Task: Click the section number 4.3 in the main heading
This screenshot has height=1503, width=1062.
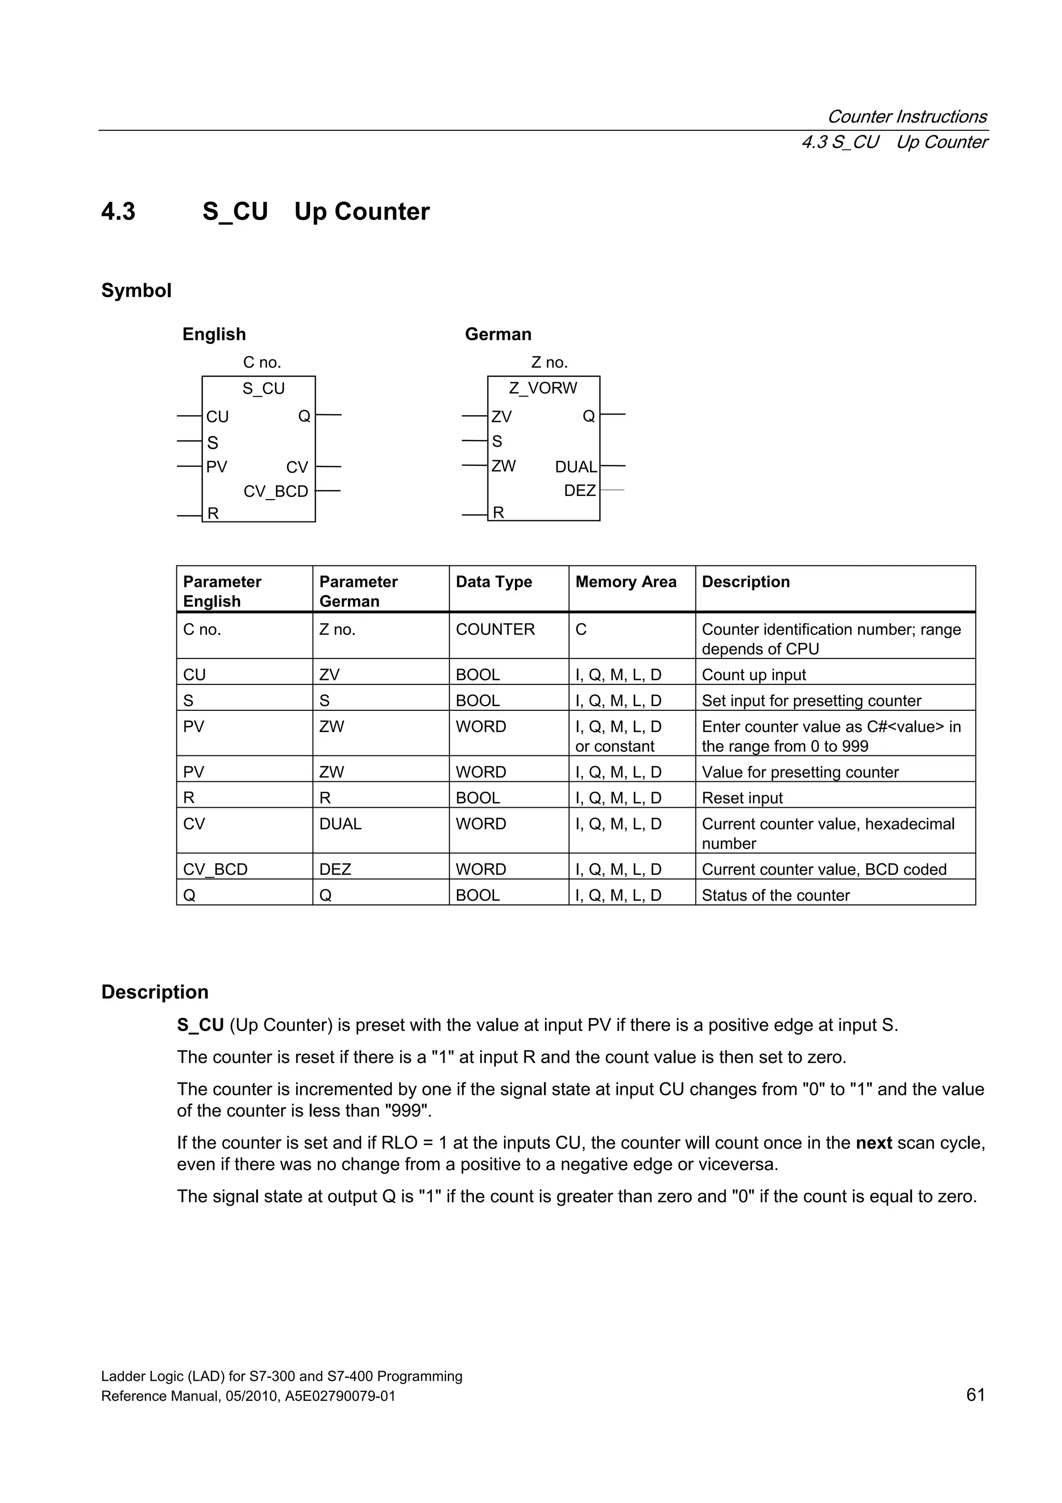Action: coord(118,212)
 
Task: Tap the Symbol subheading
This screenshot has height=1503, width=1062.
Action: coord(136,291)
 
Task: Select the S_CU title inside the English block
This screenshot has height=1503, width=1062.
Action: coord(264,389)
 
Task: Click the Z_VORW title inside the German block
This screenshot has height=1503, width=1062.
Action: coord(543,388)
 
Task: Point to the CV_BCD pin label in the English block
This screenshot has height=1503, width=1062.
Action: coord(275,492)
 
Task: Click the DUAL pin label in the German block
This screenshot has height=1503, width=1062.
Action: coord(576,467)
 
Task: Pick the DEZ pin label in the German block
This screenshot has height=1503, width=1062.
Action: coord(580,491)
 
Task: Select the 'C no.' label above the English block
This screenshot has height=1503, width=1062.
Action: coord(262,363)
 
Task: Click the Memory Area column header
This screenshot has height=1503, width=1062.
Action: coord(625,582)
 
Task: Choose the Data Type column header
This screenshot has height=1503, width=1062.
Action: coord(494,582)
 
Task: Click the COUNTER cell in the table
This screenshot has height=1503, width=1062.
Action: coord(495,630)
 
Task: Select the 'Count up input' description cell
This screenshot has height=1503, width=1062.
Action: coord(754,675)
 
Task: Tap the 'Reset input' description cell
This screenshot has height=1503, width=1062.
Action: coord(742,798)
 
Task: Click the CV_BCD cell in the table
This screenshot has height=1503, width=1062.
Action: coord(215,870)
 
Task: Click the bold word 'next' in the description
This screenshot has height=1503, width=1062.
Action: coord(874,1143)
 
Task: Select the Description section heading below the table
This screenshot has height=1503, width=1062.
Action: coord(155,992)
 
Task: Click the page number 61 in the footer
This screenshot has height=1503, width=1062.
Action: coord(975,1395)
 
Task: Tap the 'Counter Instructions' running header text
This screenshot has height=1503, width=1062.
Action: coord(907,117)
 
